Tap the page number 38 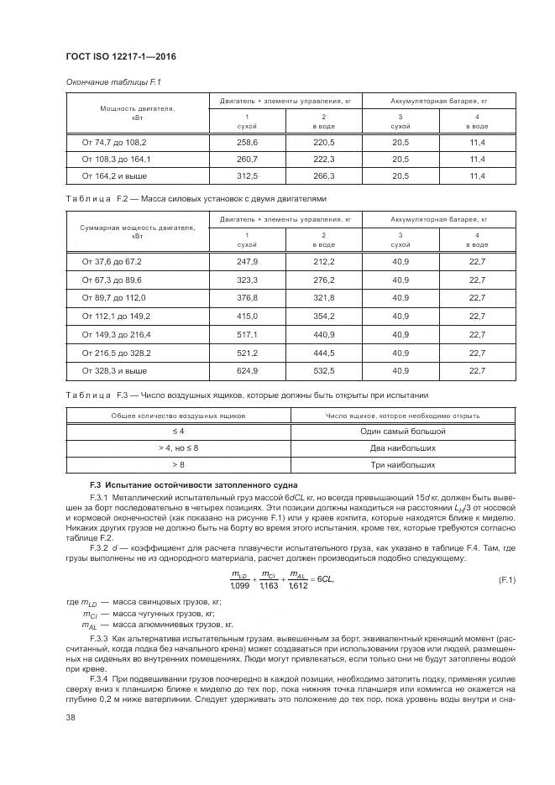point(71,717)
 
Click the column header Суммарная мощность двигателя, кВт point(137,231)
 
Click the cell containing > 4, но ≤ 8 point(178,447)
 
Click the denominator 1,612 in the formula point(297,585)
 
